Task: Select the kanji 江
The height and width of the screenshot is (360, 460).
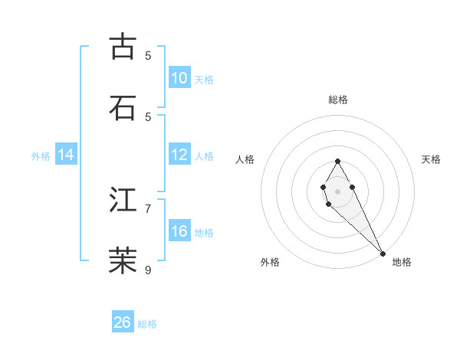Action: [x=123, y=200]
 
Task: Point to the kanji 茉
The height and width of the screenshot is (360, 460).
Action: [x=123, y=260]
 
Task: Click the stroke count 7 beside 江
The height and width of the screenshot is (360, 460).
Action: [x=148, y=208]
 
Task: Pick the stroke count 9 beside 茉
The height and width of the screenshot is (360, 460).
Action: [x=148, y=270]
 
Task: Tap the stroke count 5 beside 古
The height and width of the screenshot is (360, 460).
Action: [x=148, y=55]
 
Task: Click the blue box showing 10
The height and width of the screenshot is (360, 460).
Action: [x=179, y=78]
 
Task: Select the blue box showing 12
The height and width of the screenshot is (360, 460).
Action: [x=179, y=155]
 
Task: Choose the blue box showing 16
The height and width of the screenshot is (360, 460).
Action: [x=179, y=231]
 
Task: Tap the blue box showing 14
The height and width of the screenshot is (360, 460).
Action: [x=66, y=155]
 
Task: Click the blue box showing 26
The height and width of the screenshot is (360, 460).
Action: [x=122, y=322]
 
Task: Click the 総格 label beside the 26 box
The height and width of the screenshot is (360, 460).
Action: [x=147, y=324]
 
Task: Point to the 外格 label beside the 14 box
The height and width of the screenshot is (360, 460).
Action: [x=41, y=155]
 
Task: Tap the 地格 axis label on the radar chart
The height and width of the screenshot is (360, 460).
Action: [x=402, y=262]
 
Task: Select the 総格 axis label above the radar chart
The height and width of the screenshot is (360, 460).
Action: [x=338, y=100]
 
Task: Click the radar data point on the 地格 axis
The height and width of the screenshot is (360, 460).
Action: [x=383, y=253]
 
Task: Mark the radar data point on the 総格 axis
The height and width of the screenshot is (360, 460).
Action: [x=337, y=161]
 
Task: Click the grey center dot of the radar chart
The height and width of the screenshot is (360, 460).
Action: [x=337, y=191]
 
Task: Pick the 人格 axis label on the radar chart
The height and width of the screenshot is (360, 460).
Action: [x=245, y=159]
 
